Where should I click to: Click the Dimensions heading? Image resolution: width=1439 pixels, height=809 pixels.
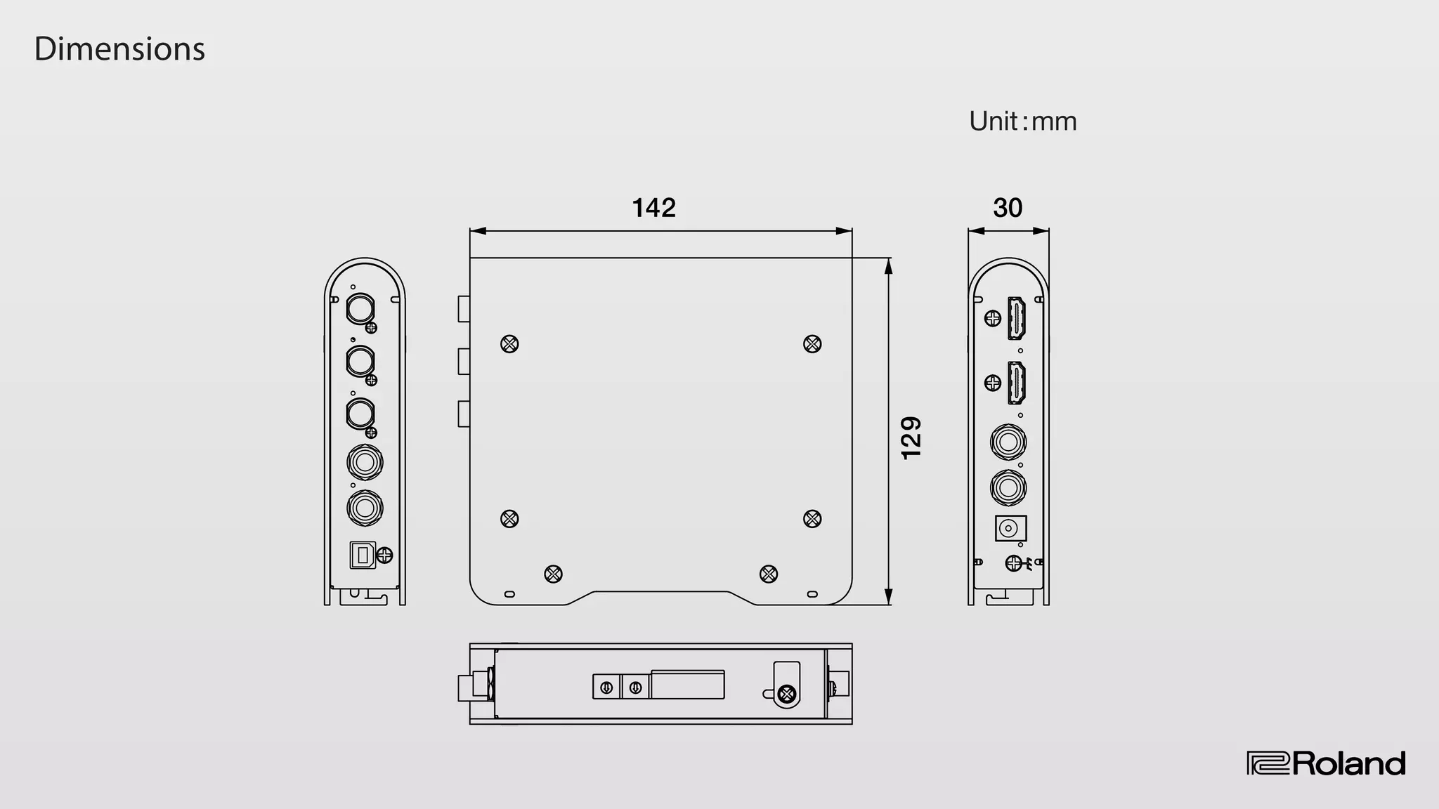coord(119,49)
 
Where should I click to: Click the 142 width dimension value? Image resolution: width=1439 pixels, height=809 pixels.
coord(653,208)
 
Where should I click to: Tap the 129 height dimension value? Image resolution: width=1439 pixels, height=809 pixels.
coord(911,438)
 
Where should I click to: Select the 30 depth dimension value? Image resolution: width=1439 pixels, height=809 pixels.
coord(1008,208)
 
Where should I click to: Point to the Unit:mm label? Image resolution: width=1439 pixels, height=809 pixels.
coord(1022,121)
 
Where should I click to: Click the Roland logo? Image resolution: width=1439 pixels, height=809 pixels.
coord(1326,763)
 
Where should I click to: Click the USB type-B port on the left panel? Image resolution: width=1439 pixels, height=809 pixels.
coord(363,555)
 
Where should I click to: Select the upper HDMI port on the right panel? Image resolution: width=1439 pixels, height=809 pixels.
coord(1017,318)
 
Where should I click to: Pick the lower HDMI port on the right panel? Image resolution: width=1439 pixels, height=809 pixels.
coord(1017,383)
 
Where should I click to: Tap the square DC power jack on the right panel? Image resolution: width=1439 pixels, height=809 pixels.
coord(1010,528)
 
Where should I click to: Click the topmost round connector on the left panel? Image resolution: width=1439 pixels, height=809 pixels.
coord(360,308)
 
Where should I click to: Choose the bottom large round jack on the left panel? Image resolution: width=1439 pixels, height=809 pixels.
coord(365,508)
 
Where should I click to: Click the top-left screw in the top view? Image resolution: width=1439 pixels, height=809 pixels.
coord(509,344)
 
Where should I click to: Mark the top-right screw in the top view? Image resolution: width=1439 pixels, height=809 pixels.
coord(812,344)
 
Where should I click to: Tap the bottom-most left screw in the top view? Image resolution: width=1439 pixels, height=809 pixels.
coord(554,574)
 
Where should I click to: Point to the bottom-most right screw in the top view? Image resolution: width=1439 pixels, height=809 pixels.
coord(769,574)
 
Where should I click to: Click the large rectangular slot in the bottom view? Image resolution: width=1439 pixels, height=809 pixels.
coord(688,685)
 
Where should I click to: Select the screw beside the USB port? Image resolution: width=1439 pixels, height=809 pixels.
coord(385,555)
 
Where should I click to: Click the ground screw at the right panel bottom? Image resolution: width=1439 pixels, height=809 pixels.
coord(1013,563)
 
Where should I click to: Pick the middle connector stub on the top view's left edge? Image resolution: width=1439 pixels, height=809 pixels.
coord(464,361)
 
